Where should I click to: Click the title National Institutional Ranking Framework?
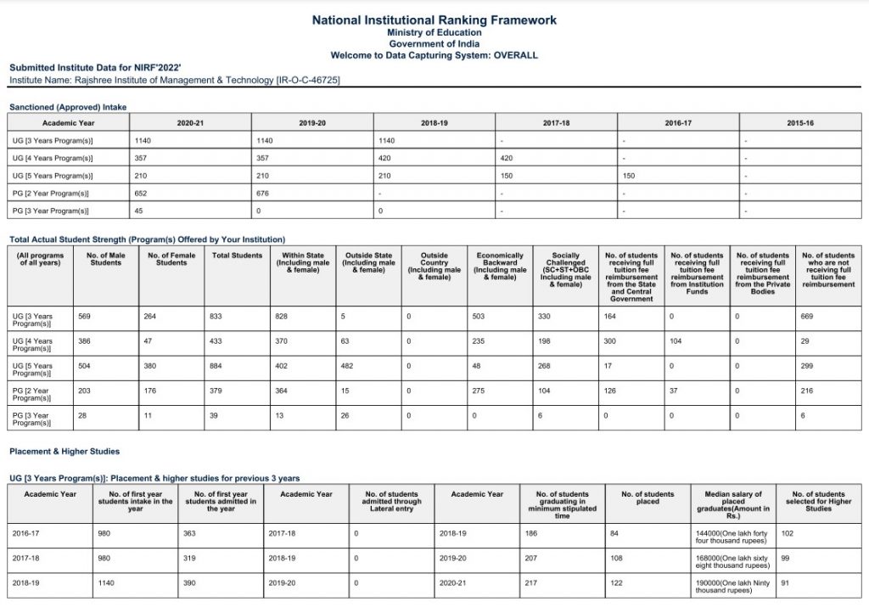(434, 20)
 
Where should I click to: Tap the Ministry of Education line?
(434, 32)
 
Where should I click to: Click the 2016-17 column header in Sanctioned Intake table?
(677, 123)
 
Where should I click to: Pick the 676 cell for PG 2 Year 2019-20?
(263, 193)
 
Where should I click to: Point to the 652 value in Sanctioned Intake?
(142, 193)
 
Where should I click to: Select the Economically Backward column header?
(499, 262)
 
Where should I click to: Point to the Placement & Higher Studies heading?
(64, 452)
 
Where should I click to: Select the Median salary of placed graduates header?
(733, 505)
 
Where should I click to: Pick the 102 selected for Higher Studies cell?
(787, 533)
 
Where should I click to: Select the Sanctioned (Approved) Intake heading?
(68, 107)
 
